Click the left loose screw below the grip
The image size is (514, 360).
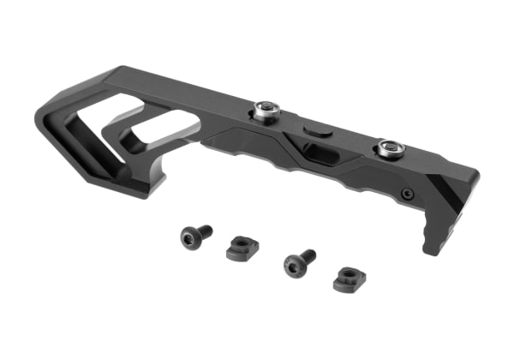194,234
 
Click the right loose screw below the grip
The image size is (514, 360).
297,262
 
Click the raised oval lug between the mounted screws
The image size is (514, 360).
315,129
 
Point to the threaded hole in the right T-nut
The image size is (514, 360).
349,276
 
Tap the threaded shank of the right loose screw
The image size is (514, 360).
307,255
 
